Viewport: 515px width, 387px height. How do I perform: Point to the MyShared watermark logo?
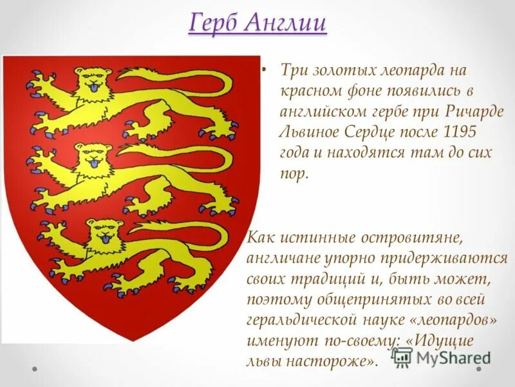(441, 357)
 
